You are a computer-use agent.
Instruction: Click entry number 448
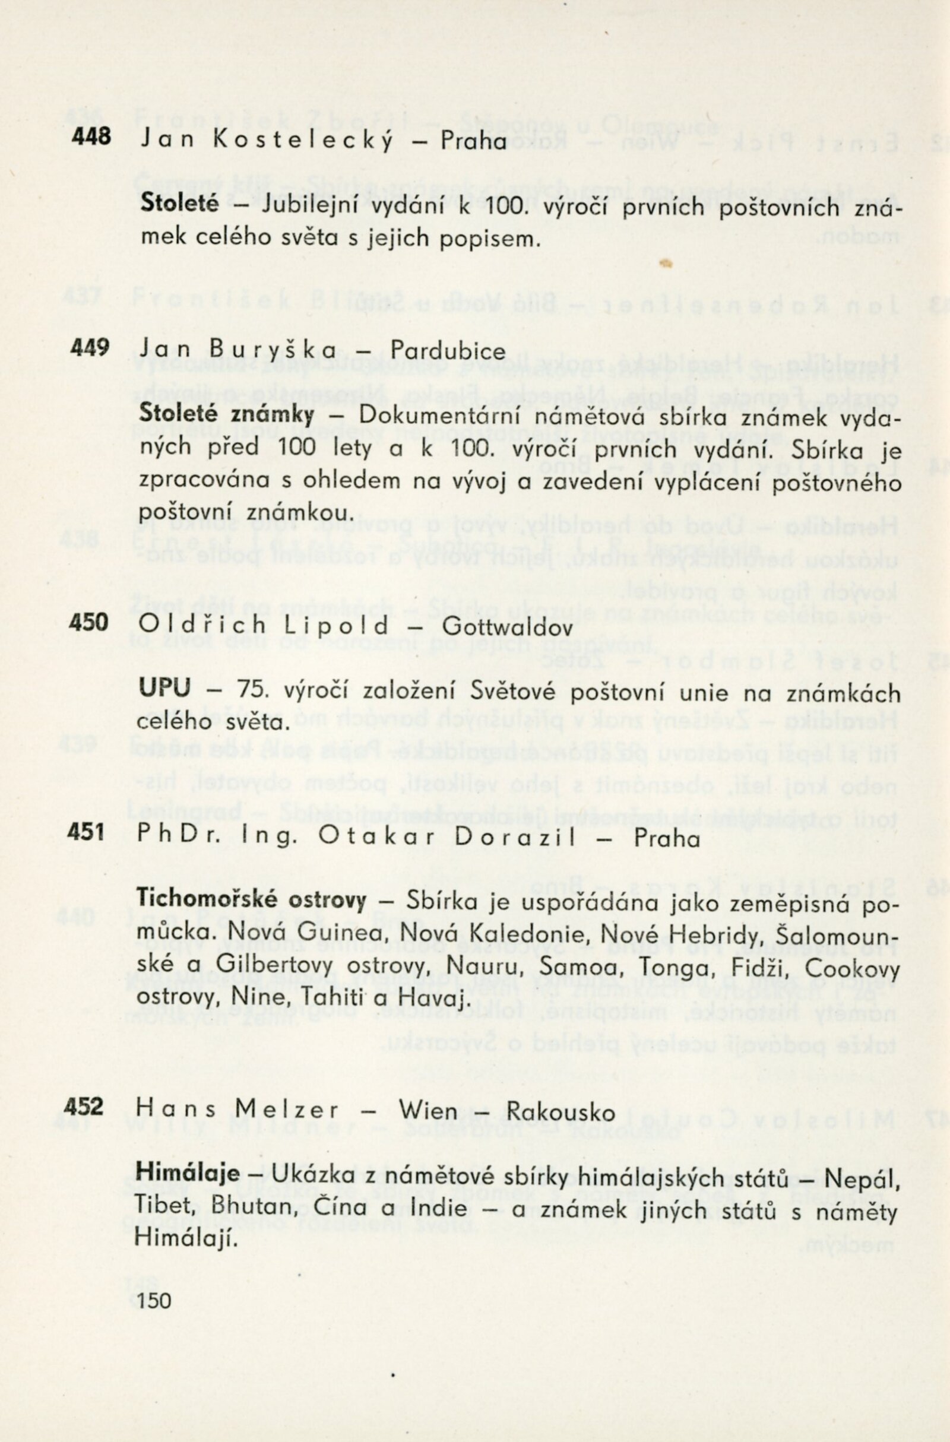91,137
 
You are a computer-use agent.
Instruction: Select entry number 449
90,348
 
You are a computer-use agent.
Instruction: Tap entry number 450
88,622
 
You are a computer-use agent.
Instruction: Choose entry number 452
84,1107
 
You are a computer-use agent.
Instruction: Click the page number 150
155,1300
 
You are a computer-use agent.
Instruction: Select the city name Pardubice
448,351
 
